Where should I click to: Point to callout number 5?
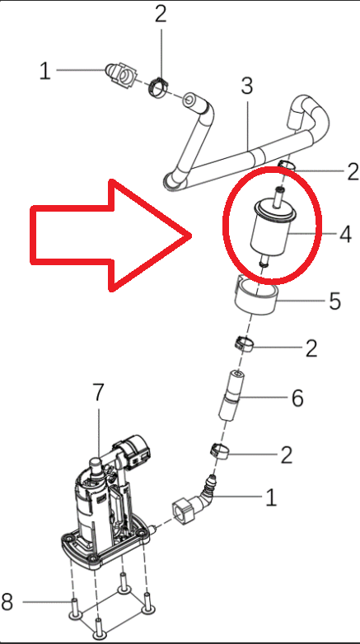pos(334,300)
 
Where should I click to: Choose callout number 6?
pos(297,399)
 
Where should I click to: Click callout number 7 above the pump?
pos(98,393)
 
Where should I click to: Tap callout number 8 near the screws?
pos(7,602)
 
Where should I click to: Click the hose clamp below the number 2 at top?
pos(159,84)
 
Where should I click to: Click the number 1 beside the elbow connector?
pos(271,497)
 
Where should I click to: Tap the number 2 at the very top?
pos(160,13)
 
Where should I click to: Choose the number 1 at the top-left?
pos(45,72)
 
